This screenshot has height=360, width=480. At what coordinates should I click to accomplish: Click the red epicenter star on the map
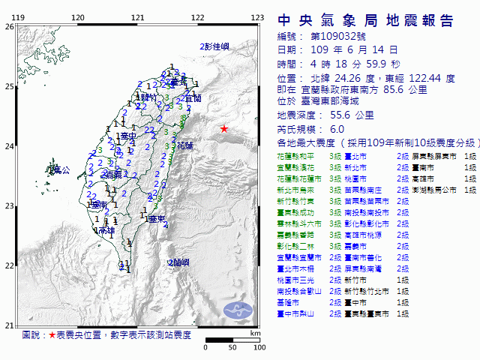tap(223, 129)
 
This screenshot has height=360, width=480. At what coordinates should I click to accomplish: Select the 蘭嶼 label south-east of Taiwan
tap(180, 262)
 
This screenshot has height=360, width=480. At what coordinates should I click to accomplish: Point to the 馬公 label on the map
tap(60, 171)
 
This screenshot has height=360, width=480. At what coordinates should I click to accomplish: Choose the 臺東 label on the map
tap(155, 219)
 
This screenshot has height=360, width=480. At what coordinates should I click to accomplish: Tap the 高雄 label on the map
tap(106, 230)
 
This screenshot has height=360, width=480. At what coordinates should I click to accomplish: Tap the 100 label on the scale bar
tap(259, 347)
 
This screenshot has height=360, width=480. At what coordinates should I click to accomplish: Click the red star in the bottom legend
tap(52, 334)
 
